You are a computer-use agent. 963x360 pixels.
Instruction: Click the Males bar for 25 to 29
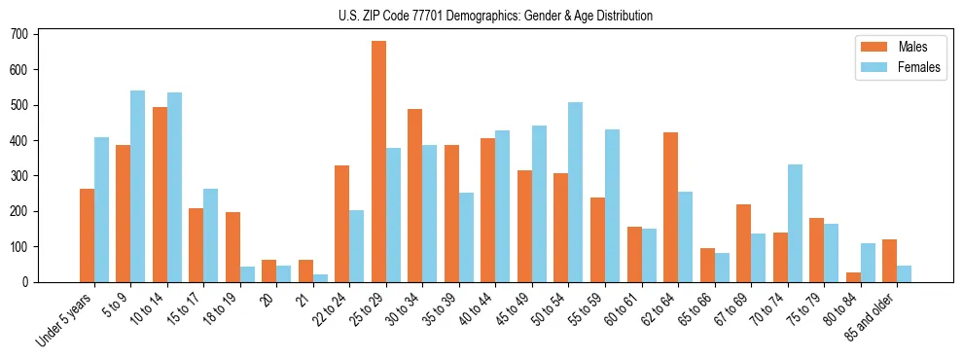pyautogui.click(x=378, y=162)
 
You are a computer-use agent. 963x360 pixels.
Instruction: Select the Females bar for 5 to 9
pyautogui.click(x=137, y=187)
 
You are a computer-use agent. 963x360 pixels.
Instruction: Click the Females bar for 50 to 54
pyautogui.click(x=576, y=193)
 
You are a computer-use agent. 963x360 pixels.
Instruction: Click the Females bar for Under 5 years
pyautogui.click(x=101, y=210)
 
